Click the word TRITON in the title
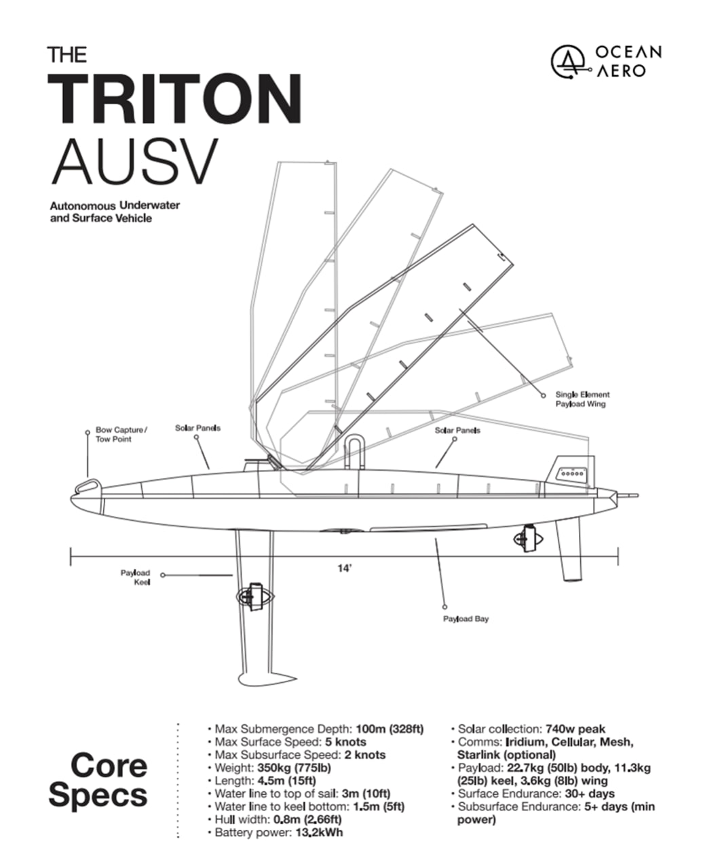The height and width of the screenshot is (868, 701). [175, 100]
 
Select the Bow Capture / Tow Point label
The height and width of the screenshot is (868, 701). [121, 435]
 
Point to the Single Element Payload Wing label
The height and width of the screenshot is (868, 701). [582, 399]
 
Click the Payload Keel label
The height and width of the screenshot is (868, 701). [136, 577]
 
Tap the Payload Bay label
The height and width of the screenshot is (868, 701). [466, 618]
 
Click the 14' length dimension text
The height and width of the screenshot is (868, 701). [345, 569]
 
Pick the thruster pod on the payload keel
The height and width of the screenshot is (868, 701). [254, 596]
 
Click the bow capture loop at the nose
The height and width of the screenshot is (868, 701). [86, 485]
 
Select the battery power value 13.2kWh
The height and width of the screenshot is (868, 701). [319, 832]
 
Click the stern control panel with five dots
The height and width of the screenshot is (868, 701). [569, 473]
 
